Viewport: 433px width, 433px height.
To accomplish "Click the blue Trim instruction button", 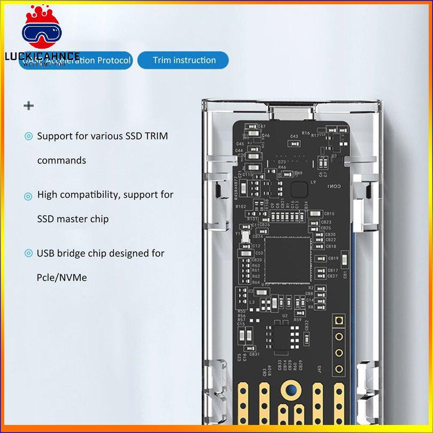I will [x=183, y=60].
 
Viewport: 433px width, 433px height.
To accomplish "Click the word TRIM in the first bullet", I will [x=155, y=136].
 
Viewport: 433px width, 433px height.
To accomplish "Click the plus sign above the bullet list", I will [x=29, y=105].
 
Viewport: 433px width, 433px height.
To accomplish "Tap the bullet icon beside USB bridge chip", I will [x=28, y=254].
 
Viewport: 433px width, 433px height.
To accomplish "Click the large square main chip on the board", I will [x=287, y=260].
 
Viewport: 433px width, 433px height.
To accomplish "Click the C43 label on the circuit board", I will [x=294, y=136].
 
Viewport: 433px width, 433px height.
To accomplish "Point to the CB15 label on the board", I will [x=329, y=214].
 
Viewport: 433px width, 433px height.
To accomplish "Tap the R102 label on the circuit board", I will [x=241, y=206].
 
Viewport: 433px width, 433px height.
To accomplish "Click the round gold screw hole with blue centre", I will [x=290, y=391].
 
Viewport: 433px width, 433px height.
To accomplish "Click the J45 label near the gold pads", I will [x=319, y=368].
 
